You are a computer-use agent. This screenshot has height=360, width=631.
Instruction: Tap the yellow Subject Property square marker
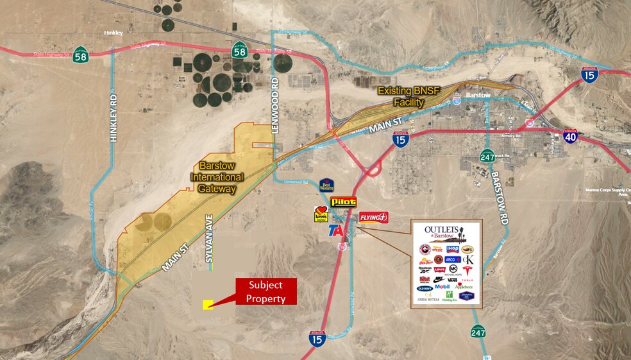[208, 305]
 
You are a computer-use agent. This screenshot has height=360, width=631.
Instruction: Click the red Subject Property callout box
[265, 291]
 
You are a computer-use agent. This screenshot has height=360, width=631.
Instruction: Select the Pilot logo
[343, 202]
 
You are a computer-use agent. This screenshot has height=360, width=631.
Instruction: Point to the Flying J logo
[373, 217]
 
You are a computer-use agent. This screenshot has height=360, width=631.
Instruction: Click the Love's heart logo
[320, 215]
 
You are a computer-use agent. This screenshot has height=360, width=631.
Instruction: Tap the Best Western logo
[327, 185]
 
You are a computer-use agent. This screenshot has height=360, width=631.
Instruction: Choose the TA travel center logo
[335, 232]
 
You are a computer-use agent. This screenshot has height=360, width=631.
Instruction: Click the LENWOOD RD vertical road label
[276, 105]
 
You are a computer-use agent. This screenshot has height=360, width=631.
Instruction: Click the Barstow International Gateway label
[217, 176]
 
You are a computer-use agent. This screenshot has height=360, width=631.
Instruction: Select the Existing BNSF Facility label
[409, 96]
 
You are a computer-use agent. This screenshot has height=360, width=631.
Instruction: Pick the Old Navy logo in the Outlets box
[425, 288]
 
